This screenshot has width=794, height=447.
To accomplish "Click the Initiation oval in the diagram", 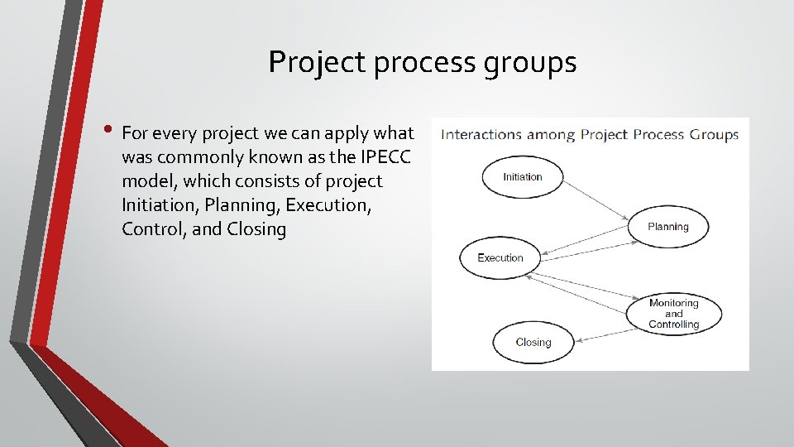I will coord(522,177).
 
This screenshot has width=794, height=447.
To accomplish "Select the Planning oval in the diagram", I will coord(668,227).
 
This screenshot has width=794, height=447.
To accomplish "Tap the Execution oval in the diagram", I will coord(500,258).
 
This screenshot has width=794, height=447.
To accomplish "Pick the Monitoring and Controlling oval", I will coord(673,314).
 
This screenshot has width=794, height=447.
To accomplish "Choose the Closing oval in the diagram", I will coord(533,342).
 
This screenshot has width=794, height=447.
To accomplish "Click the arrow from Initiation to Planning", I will coord(595,202).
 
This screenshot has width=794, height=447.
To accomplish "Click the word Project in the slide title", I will coord(317,62).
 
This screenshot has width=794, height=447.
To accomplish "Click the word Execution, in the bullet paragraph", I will coord(329,204).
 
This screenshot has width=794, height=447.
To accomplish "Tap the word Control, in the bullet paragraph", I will coord(154,228).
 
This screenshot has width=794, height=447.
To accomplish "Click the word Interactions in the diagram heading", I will coord(481,134).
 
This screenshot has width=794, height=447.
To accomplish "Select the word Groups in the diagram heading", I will coord(715,134).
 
